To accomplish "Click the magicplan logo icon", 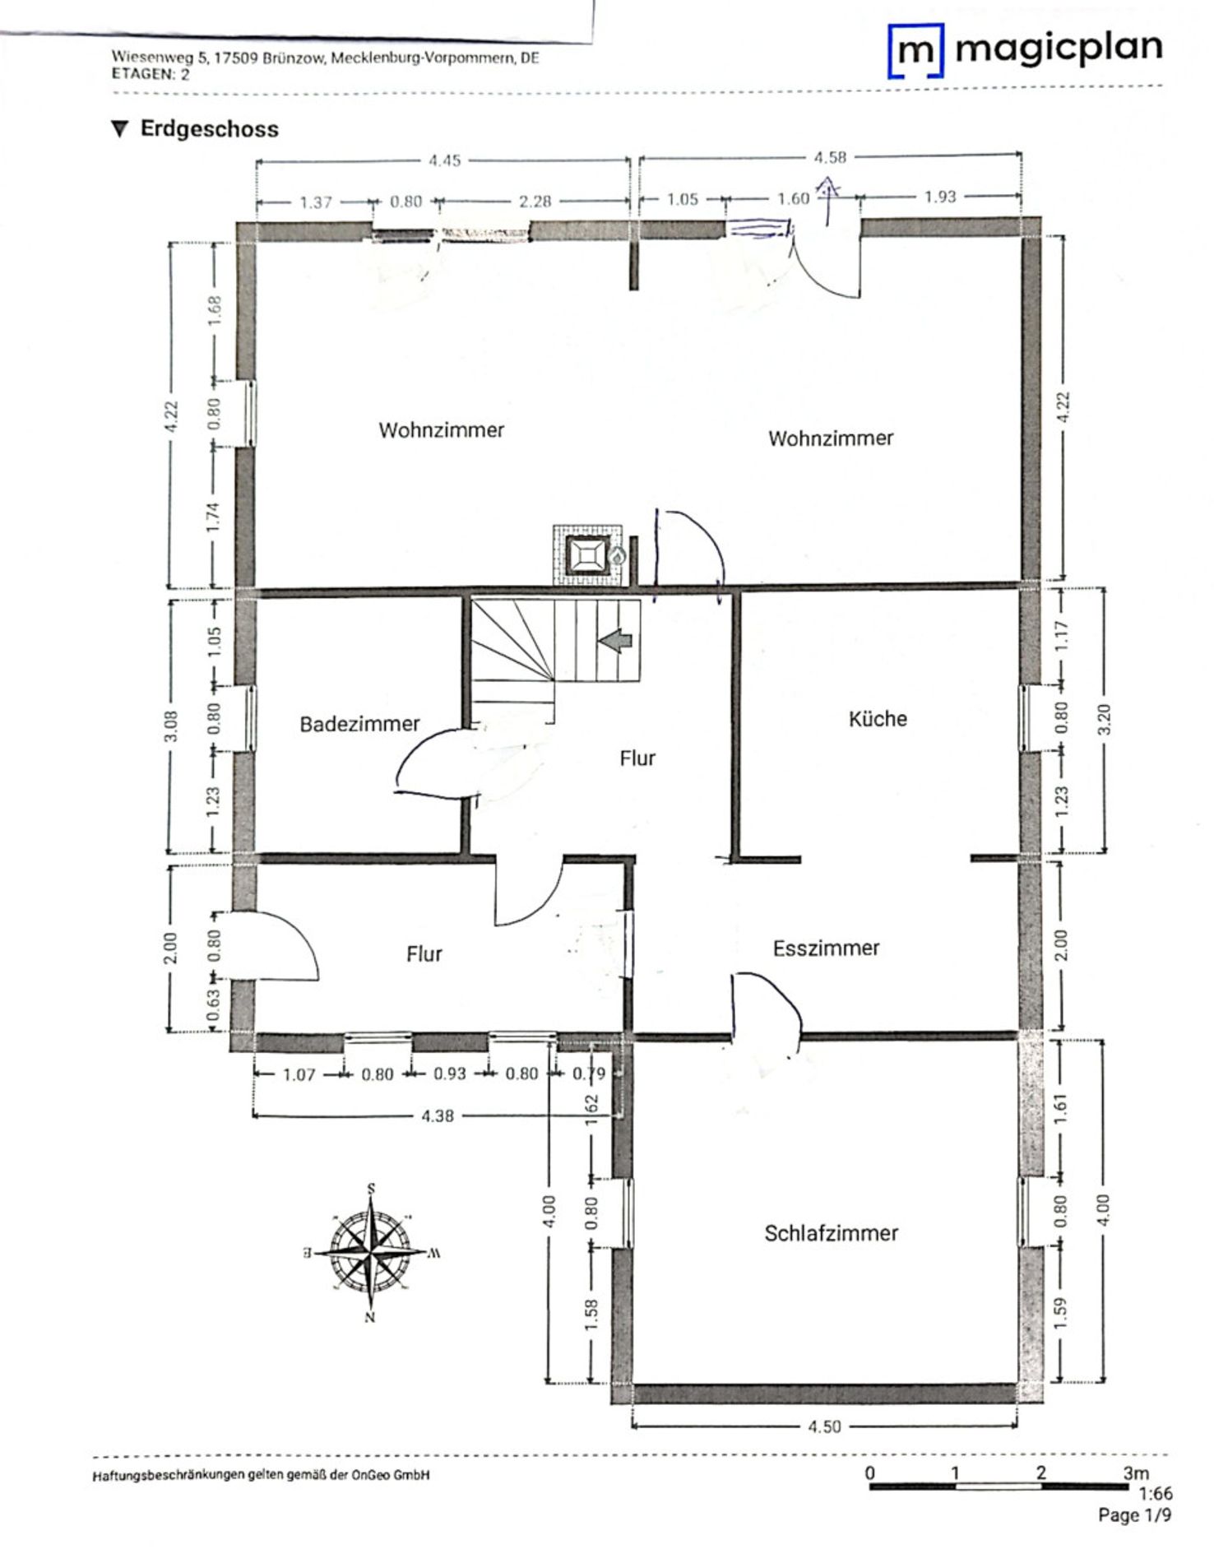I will tap(915, 51).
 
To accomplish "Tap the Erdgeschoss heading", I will tap(209, 129).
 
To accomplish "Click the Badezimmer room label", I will tap(359, 724).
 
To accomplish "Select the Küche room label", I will tap(878, 719).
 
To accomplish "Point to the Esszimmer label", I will tap(826, 948).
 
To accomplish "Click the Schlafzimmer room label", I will tap(831, 1233).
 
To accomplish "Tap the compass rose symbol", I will tap(372, 1253).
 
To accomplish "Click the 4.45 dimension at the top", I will tap(444, 161).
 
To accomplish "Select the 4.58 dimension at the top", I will tap(830, 157).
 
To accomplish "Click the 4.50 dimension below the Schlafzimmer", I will tap(824, 1426).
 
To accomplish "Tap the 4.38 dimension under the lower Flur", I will tap(437, 1116).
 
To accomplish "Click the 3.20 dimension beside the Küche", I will tap(1104, 720).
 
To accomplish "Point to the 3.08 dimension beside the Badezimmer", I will tap(171, 726).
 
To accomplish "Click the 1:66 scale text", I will tap(1156, 1493).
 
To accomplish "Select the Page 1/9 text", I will tap(1134, 1515).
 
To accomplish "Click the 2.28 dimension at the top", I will tap(535, 202).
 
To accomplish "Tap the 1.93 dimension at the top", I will tap(940, 197).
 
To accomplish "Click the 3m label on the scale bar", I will tap(1136, 1473).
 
